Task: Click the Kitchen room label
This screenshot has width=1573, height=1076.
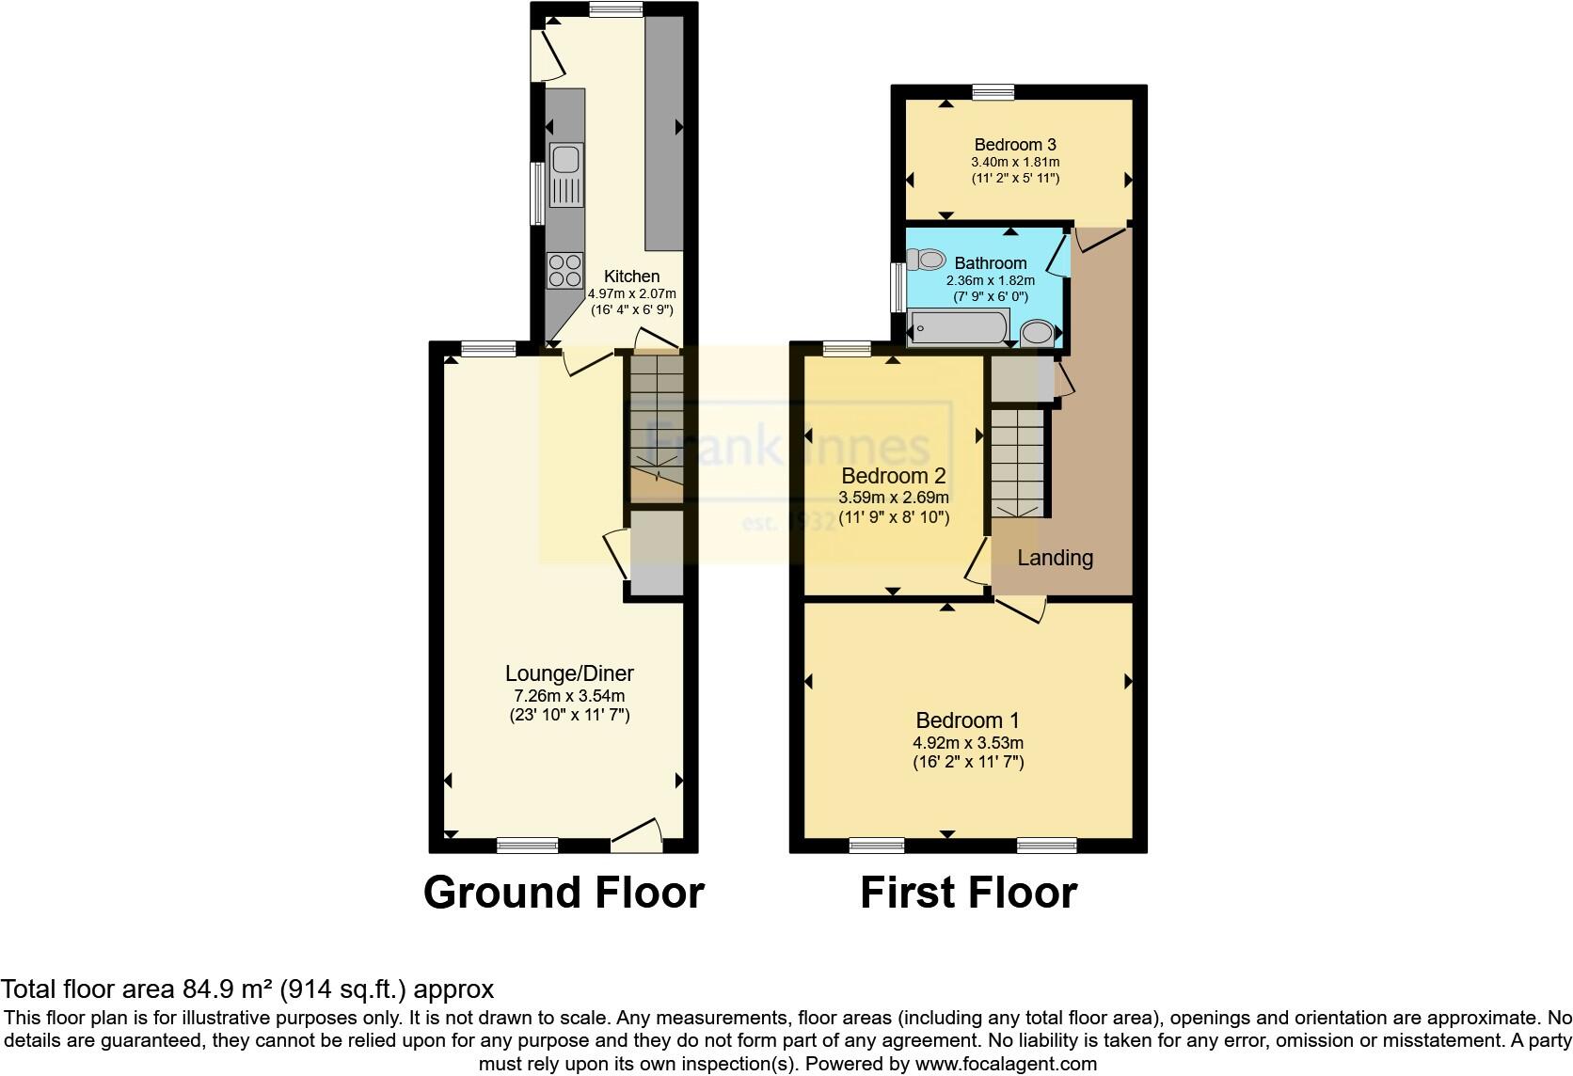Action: click(x=631, y=277)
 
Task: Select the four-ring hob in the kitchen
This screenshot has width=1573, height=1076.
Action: click(x=564, y=271)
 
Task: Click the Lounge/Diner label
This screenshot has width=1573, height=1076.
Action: click(x=569, y=673)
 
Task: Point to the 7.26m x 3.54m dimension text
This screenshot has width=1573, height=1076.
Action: click(x=569, y=696)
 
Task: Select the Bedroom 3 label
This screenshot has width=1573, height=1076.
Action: click(x=1015, y=145)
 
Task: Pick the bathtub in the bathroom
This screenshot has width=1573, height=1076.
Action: click(x=958, y=328)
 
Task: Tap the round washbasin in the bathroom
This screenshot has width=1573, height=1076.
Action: click(x=1038, y=332)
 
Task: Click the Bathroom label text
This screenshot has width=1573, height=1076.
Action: click(x=990, y=262)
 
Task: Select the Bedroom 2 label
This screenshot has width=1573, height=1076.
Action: click(x=893, y=476)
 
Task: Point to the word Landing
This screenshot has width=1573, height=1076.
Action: click(x=1055, y=558)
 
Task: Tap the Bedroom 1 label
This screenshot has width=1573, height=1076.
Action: click(x=967, y=720)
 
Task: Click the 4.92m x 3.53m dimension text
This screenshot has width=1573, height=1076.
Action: click(x=967, y=743)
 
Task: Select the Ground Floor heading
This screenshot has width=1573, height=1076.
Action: click(x=564, y=893)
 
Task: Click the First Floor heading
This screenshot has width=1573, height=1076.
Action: click(x=968, y=893)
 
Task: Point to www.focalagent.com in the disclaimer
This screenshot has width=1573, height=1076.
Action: click(x=1005, y=1065)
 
